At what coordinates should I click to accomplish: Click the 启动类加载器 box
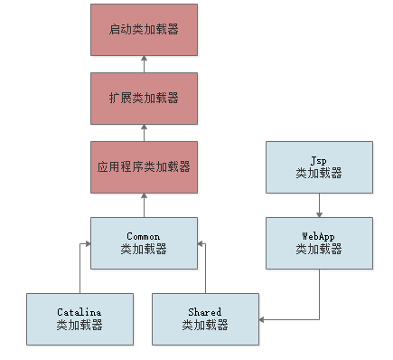144,29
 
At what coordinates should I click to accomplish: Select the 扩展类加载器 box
144,98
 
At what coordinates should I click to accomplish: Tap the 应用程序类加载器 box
144,166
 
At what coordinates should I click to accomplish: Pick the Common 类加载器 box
144,242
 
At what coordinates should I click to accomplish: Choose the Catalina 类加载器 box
80,318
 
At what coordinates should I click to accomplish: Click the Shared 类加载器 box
206,318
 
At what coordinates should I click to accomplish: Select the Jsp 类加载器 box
319,166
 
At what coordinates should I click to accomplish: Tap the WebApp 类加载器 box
319,242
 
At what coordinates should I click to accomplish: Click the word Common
144,236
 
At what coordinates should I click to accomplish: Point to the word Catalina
80,312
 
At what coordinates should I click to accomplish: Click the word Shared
206,312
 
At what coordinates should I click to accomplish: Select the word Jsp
319,160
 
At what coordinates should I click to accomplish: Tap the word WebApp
319,236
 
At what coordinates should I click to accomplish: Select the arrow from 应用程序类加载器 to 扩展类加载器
144,132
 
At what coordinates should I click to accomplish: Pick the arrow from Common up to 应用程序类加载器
144,204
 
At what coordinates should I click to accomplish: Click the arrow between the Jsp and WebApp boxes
319,204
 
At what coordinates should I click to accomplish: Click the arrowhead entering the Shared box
263,318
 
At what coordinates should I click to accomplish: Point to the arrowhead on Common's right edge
201,242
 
